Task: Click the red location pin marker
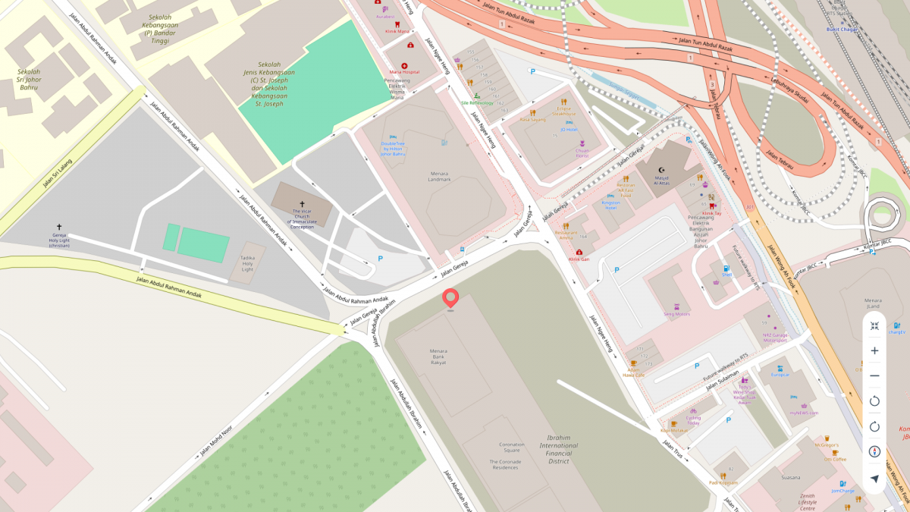tap(451, 298)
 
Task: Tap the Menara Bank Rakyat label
tap(438, 357)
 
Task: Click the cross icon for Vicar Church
tap(302, 204)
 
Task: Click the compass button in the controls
tap(874, 451)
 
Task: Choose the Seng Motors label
tap(676, 313)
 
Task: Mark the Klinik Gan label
tap(579, 259)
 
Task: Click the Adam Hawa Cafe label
tap(633, 372)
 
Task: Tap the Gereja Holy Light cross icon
tap(58, 227)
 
